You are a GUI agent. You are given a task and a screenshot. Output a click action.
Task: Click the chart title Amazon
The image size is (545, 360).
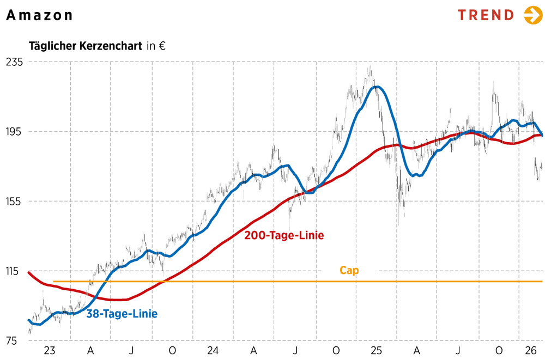(39, 15)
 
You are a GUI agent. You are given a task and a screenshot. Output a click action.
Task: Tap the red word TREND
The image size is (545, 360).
(486, 15)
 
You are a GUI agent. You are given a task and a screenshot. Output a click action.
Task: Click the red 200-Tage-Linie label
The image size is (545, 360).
(284, 236)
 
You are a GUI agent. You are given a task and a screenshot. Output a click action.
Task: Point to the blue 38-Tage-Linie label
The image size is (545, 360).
(122, 314)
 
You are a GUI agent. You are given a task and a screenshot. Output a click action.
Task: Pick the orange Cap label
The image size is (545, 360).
(349, 270)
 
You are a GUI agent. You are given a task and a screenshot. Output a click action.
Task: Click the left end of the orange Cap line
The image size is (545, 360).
(54, 282)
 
